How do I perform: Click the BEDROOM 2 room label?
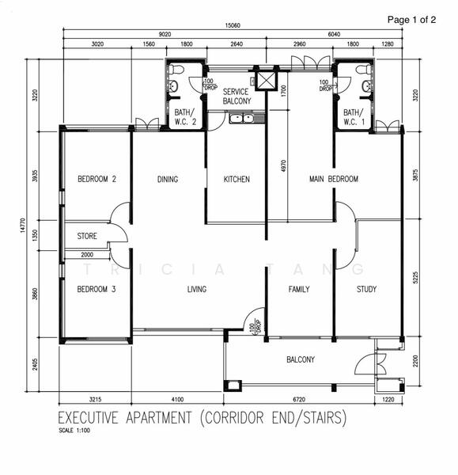97,180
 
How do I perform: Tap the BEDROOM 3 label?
97,290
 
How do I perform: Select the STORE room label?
86,236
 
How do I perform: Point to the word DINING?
168,180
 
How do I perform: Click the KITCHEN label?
237,180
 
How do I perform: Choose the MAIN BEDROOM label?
333,180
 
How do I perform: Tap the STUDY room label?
366,290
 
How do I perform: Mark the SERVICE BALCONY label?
236,97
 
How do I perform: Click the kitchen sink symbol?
240,119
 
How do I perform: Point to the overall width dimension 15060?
231,25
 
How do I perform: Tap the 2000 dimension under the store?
86,255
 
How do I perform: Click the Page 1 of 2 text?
411,20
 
